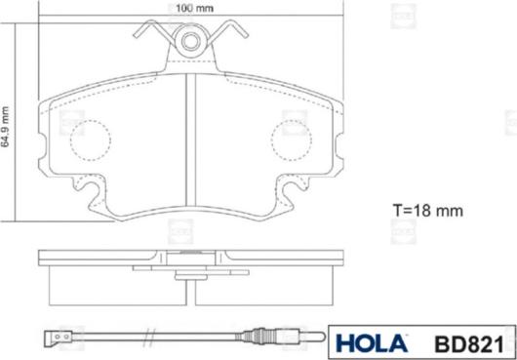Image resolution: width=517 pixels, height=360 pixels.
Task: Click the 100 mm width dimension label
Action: pyautogui.click(x=194, y=8)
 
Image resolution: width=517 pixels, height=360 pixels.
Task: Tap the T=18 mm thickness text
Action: pyautogui.click(x=428, y=211)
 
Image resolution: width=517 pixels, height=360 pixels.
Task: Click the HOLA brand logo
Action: pyautogui.click(x=372, y=343)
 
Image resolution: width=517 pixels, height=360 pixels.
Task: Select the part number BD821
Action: pyautogui.click(x=469, y=344)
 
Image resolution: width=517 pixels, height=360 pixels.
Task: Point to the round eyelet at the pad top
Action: pyautogui.click(x=191, y=42)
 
